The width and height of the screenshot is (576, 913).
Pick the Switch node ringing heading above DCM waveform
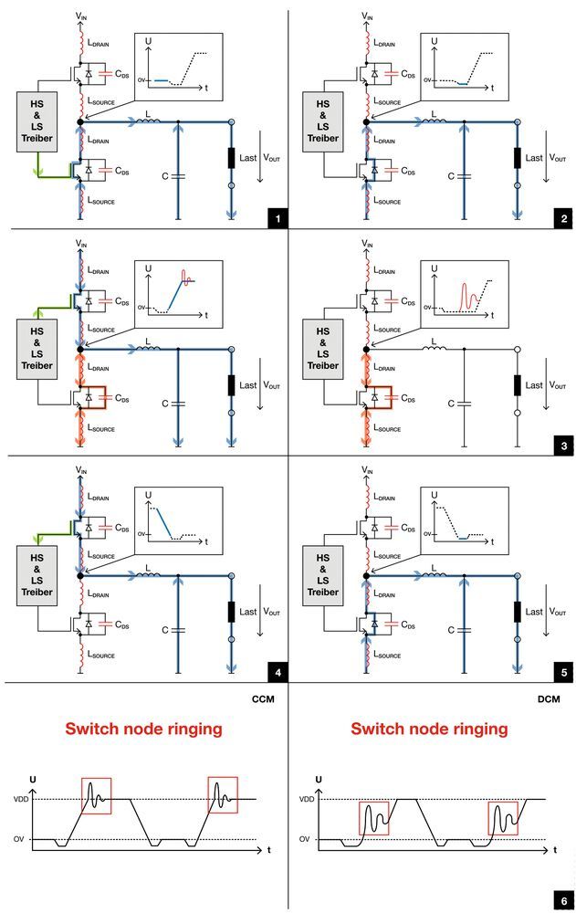[x=429, y=729]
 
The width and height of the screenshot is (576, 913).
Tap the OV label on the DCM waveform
[x=308, y=839]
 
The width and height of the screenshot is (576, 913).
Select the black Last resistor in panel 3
[x=517, y=384]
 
